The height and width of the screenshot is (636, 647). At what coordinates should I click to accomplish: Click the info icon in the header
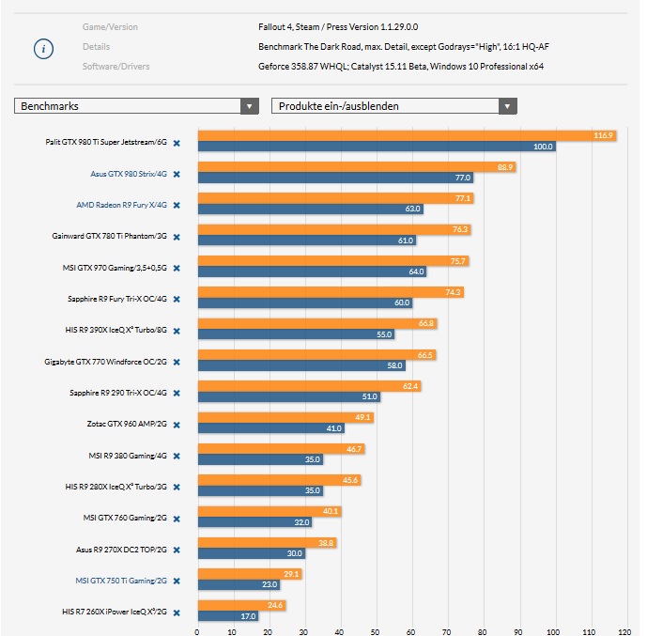[x=43, y=49]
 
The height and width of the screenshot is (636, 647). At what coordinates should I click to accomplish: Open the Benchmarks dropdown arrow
[x=250, y=106]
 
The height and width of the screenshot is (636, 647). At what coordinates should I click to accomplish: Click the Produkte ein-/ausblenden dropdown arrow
[x=507, y=106]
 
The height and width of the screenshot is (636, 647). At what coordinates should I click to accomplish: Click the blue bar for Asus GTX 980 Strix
[x=333, y=178]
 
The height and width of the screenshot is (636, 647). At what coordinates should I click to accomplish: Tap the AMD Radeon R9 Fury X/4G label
[x=121, y=205]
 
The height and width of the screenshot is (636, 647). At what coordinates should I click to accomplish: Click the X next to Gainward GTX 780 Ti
[x=177, y=236]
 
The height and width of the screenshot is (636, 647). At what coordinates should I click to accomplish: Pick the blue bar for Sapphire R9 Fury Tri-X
[x=304, y=302]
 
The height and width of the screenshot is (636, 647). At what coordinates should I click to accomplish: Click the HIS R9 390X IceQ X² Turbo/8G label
[x=116, y=330]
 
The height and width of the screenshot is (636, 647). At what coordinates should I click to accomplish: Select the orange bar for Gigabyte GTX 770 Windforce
[x=316, y=354]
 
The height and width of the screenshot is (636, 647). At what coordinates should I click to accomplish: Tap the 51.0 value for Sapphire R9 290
[x=371, y=396]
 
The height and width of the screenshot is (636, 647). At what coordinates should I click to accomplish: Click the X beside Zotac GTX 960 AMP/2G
[x=177, y=424]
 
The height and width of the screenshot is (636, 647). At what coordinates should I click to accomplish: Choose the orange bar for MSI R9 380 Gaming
[x=280, y=448]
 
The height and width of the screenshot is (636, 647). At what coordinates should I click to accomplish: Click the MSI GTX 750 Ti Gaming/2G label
[x=121, y=581]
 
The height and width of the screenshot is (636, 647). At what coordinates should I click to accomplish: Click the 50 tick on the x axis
[x=376, y=631]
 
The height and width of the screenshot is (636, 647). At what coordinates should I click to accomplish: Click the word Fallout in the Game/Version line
[x=273, y=27]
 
